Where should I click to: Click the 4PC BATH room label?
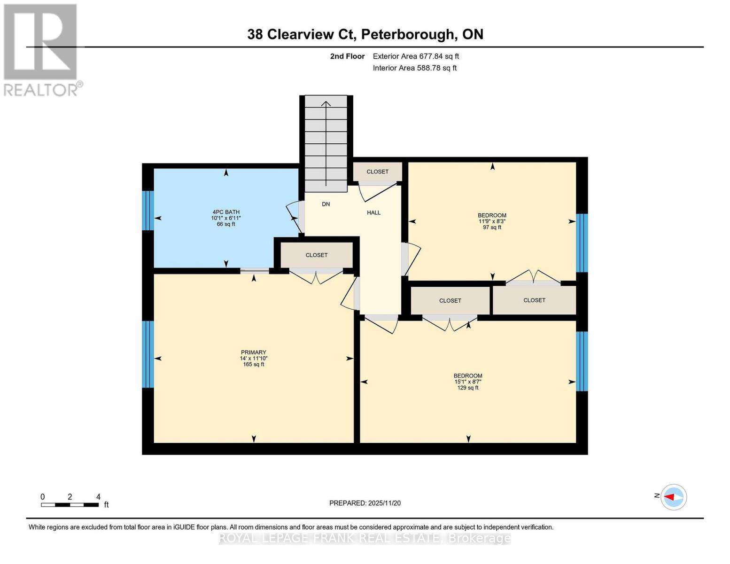coord(225,212)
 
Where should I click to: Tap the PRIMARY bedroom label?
coord(253,352)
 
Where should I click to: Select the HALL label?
coord(373,212)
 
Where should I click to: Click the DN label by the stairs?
coord(326,204)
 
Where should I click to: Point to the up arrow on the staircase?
coord(326,104)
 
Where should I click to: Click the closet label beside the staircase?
coord(377,172)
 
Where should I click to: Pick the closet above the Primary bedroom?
coord(316,255)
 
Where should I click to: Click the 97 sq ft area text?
coord(492,227)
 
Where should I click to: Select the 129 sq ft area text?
coord(468,388)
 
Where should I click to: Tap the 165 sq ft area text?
coord(253,364)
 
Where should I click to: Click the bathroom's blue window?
coord(148,210)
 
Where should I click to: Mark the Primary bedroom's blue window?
coord(148,354)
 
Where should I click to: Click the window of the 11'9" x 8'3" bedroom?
coord(582,243)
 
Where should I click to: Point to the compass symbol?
coord(674,497)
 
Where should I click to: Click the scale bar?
coord(70,505)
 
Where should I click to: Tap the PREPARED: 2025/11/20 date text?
coord(365,503)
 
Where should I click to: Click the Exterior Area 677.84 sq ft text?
coord(416,56)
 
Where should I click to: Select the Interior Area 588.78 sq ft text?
coord(414,68)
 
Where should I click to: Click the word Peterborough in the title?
coord(408,34)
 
